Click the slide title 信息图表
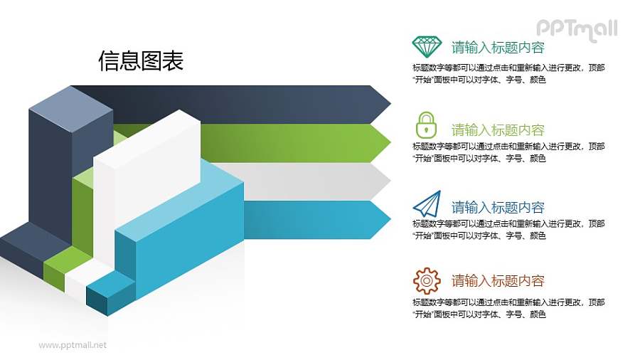(141, 61)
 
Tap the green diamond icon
(427, 47)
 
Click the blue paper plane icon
(427, 203)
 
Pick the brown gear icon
(427, 280)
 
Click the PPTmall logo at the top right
(577, 29)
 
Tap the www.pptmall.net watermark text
(73, 345)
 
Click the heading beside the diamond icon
(498, 48)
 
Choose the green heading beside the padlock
(498, 130)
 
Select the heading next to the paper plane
(498, 207)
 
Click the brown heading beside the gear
(498, 280)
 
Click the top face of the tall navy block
(70, 101)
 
